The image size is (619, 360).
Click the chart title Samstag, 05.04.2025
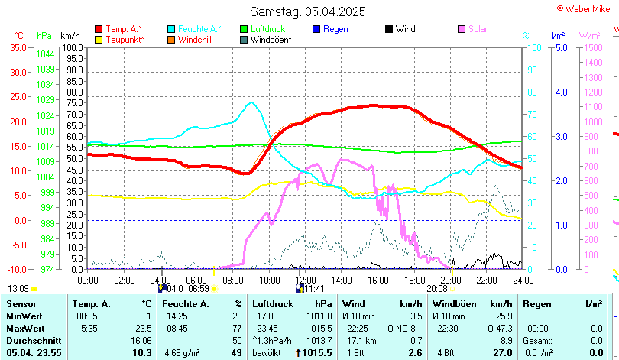point(308,11)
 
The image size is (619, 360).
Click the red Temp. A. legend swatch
point(99,29)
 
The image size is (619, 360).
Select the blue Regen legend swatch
point(316,29)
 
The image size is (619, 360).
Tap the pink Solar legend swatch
point(462,29)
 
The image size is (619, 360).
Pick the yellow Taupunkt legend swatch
point(99,39)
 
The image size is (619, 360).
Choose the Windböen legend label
point(271,39)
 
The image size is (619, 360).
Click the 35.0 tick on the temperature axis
point(17,47)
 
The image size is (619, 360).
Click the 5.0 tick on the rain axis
point(560,47)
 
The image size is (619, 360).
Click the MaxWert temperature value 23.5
point(142,328)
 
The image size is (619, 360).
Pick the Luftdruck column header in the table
point(273,304)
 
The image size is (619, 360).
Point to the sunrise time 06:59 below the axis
point(198,289)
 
